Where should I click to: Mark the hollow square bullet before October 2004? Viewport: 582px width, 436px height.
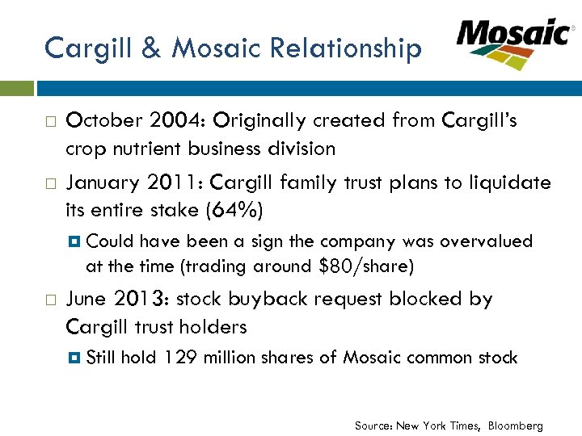(x=50, y=122)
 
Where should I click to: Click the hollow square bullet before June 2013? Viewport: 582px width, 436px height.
(x=50, y=300)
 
